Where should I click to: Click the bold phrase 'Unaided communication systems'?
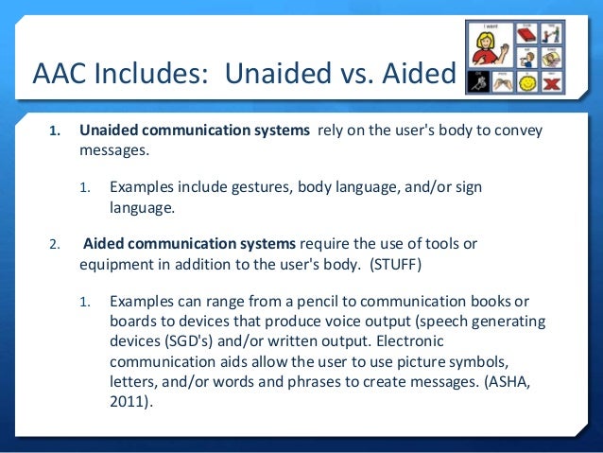tap(194, 131)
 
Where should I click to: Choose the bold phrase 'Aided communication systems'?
tap(190, 244)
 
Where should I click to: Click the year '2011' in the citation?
tap(129, 402)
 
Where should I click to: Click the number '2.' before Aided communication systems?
tap(54, 245)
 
